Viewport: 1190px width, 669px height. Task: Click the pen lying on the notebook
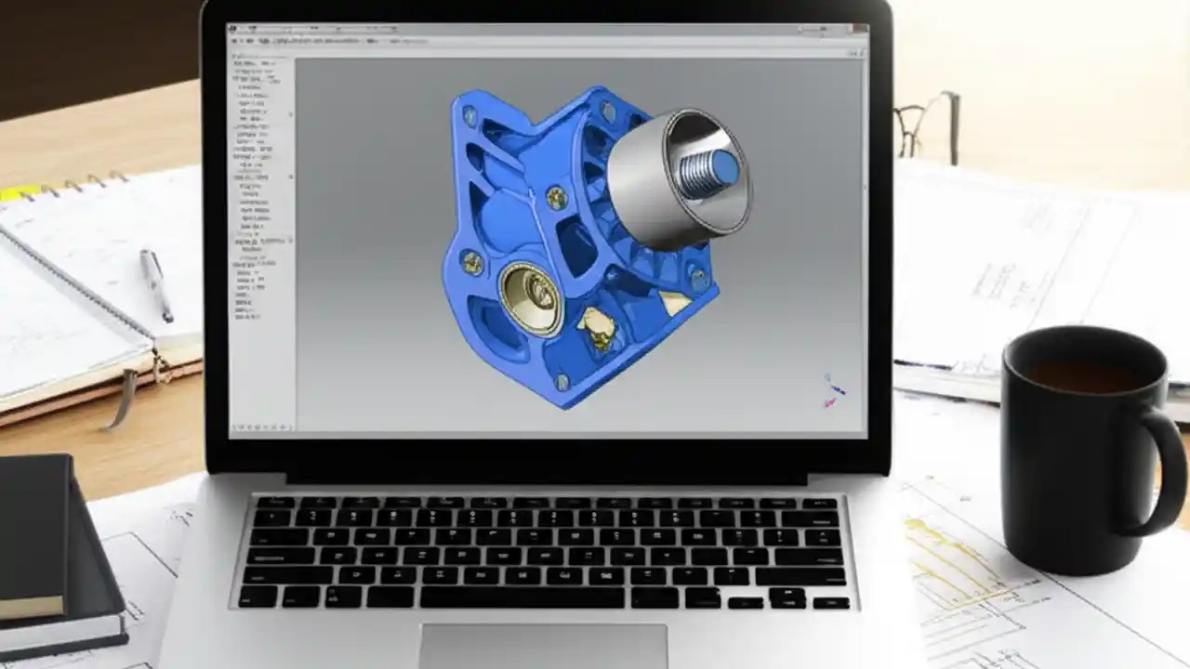[156, 284]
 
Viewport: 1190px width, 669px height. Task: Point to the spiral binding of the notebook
[65, 187]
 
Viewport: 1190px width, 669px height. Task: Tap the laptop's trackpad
[543, 645]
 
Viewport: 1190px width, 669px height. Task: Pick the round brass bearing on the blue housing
[530, 297]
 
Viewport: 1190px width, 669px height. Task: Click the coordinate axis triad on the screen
[832, 390]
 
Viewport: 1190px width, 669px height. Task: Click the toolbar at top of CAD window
[549, 42]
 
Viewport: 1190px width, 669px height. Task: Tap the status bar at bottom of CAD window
[549, 428]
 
